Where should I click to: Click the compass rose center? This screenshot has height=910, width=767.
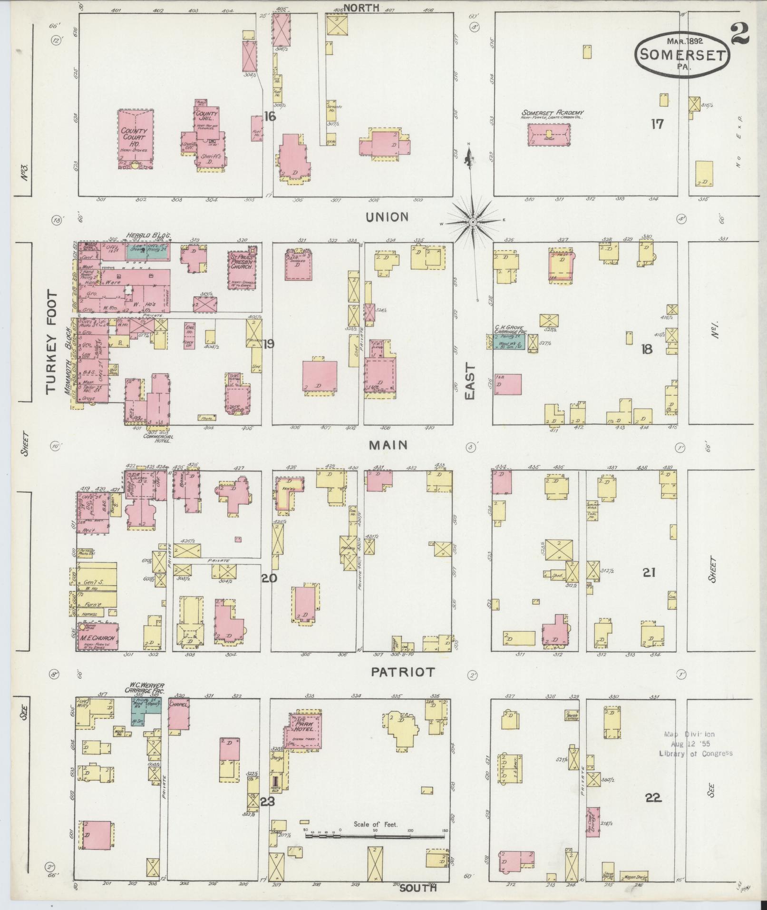click(x=473, y=222)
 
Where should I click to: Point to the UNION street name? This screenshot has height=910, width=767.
click(x=387, y=217)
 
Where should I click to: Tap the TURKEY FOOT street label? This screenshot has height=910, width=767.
click(x=52, y=342)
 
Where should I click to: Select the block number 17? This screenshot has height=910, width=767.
click(x=657, y=124)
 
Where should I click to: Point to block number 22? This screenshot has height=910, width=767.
click(x=653, y=798)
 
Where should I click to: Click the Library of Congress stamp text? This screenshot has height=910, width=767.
click(x=695, y=753)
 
